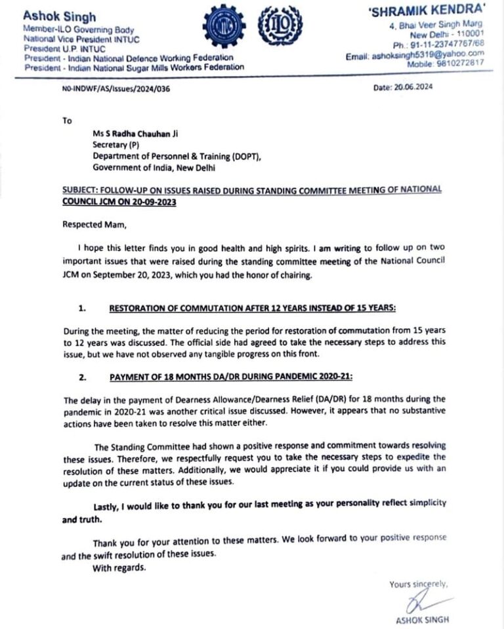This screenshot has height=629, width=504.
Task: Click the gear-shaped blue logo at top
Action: (224, 29)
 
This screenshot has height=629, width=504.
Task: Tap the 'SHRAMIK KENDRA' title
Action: (437, 12)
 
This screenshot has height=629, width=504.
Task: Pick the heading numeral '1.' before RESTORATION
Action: (82, 307)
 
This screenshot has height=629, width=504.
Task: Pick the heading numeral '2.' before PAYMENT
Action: (82, 377)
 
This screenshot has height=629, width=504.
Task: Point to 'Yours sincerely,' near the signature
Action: (418, 583)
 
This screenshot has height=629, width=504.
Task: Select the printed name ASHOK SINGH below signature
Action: (423, 620)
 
